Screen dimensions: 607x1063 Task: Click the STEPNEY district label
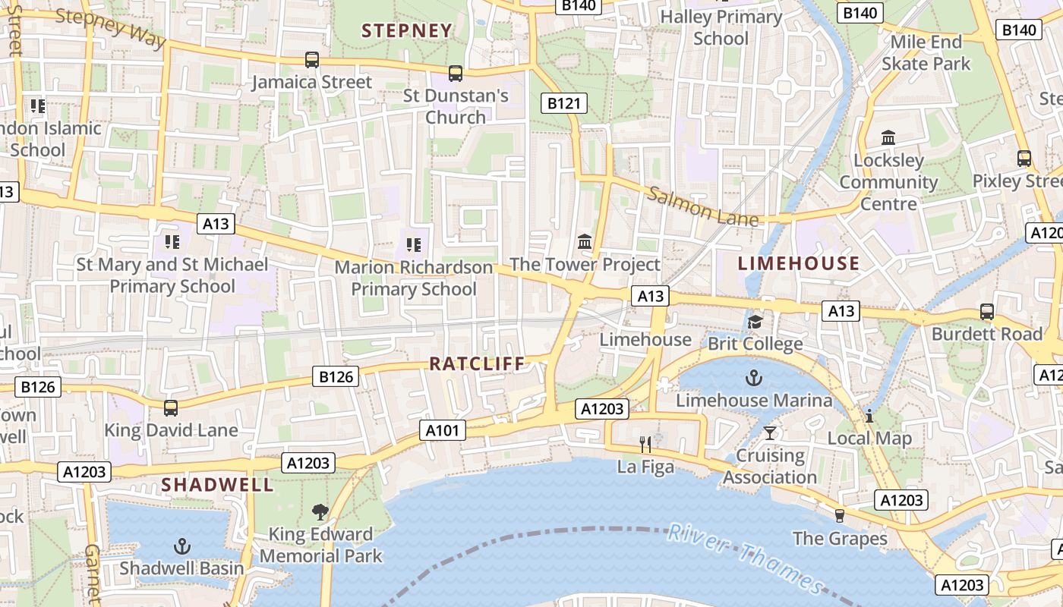407,31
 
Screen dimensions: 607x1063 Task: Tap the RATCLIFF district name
477,364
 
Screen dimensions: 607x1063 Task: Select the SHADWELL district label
217,484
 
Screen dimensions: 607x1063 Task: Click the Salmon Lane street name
702,206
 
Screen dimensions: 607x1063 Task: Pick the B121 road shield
563,103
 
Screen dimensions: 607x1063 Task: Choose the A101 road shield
442,431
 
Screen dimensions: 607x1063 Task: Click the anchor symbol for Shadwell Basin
181,546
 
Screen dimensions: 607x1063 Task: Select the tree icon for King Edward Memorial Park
320,512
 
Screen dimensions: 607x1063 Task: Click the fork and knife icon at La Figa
645,444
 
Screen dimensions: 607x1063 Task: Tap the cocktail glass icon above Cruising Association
770,432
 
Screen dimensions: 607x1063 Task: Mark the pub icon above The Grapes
839,516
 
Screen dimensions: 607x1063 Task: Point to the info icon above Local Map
869,416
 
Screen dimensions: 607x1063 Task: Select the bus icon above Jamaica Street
311,59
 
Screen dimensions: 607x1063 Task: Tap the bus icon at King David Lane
171,408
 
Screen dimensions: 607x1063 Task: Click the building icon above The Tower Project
585,242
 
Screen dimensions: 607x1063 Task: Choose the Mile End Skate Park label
926,52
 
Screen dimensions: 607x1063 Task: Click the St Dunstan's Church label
456,106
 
